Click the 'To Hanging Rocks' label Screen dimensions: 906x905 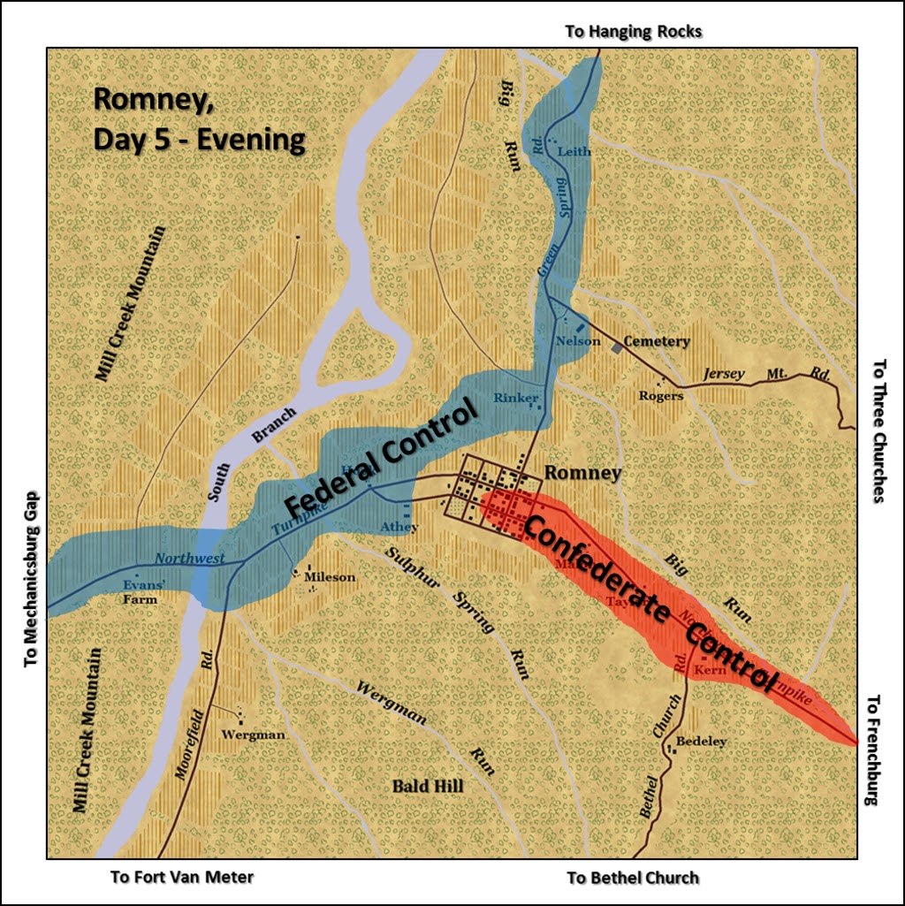633,32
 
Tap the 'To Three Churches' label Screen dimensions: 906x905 878,430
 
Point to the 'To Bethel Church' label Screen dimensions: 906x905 633,878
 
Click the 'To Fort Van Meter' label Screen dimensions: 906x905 182,878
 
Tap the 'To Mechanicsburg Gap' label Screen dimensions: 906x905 33,580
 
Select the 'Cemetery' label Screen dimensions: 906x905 656,341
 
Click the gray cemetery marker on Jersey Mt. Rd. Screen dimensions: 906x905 617,348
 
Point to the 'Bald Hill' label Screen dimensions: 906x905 428,786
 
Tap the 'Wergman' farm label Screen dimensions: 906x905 253,735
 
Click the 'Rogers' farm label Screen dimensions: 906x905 661,395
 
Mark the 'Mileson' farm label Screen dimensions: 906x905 329,577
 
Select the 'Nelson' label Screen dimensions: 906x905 578,341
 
